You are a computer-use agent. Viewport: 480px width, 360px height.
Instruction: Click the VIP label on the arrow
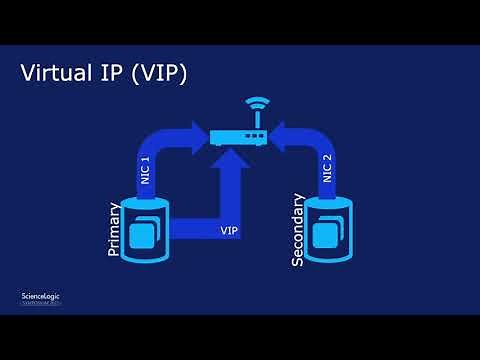tap(229, 231)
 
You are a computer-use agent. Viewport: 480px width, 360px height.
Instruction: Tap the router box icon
tap(239, 136)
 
